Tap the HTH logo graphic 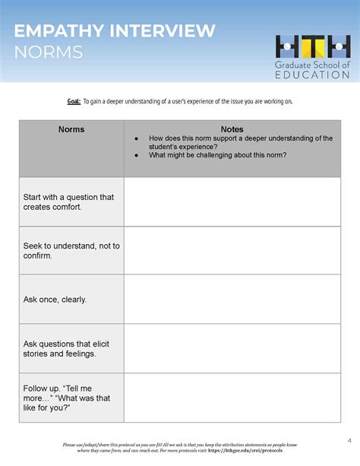[x=313, y=47]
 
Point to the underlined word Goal [x=74, y=102]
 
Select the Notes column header [x=232, y=130]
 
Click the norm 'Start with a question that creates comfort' [x=68, y=201]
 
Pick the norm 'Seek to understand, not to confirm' [x=71, y=251]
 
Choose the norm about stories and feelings [x=69, y=349]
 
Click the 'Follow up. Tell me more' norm [x=68, y=398]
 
